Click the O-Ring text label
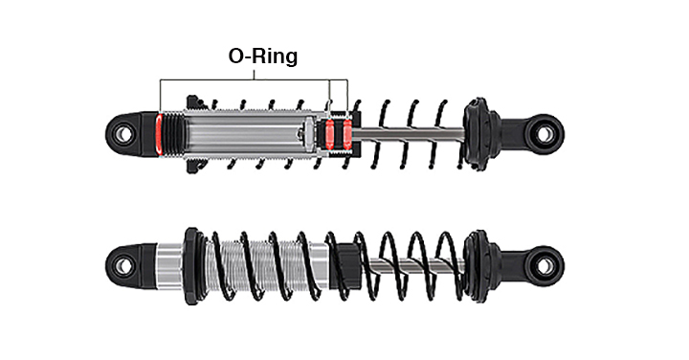point(263,56)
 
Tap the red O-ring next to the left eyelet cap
point(159,134)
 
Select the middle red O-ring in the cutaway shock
point(329,134)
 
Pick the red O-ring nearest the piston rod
point(347,134)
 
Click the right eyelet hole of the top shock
point(545,134)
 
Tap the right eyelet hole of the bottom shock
point(545,266)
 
